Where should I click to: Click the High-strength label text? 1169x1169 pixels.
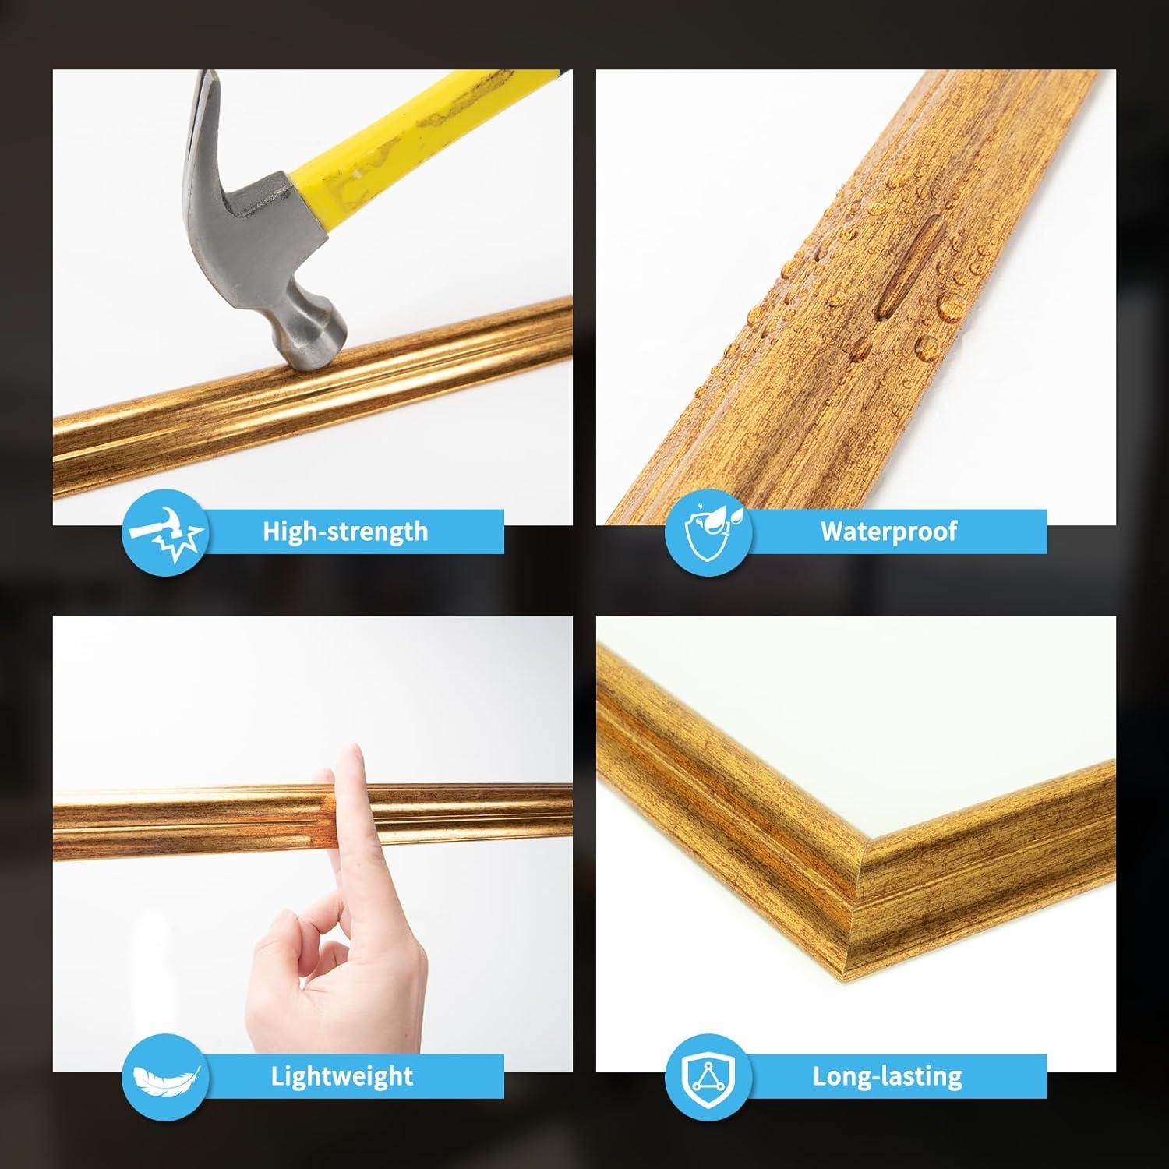click(345, 532)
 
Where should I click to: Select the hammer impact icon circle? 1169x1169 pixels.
click(164, 532)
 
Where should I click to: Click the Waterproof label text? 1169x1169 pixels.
click(888, 532)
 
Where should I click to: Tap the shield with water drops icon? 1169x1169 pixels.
click(708, 532)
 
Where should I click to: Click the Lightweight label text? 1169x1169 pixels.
click(341, 1076)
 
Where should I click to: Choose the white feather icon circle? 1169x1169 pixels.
click(164, 1077)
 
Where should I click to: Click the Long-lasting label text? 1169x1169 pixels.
click(888, 1076)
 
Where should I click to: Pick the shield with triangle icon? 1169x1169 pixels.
click(708, 1077)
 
